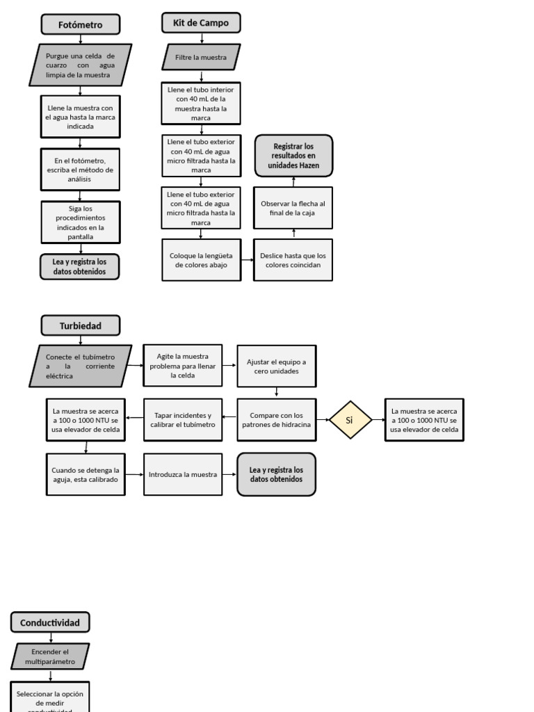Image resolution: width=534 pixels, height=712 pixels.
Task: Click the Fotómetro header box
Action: coord(80,25)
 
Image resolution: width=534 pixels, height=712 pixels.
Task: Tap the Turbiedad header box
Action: coord(80,325)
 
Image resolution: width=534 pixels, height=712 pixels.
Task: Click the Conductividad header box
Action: coord(50,622)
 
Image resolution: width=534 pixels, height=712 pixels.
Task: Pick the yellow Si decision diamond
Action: coord(350,420)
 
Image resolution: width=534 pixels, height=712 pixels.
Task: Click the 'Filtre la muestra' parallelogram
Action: coord(201,57)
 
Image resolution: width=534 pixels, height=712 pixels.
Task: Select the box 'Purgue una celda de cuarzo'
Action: coord(81,65)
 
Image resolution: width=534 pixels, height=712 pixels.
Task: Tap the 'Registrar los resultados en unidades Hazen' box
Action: coord(293,156)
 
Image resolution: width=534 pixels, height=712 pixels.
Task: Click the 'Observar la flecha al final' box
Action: coord(293,208)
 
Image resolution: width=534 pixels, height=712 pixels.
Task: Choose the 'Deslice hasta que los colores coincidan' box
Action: coord(293,260)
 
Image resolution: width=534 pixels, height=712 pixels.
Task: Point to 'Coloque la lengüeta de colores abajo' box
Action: coord(201,260)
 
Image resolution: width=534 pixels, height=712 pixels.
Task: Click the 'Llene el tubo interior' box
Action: coord(201,104)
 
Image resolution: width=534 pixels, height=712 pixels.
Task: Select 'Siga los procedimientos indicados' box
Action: coord(81,222)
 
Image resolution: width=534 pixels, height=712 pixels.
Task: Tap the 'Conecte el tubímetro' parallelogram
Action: coord(81,366)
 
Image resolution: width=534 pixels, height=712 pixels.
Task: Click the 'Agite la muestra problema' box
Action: coord(183,366)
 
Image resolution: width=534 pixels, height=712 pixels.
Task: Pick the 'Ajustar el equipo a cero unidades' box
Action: coord(276,366)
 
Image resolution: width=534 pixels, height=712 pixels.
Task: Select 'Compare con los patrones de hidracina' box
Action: coord(276,420)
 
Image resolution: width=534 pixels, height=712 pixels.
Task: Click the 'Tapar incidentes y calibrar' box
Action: coord(183,420)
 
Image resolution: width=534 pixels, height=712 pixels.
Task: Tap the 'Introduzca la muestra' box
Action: coord(183,474)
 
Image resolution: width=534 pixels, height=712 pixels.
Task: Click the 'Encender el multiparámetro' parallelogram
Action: coord(50,656)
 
